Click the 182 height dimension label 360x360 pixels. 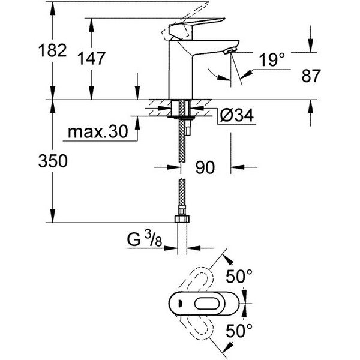coord(53,50)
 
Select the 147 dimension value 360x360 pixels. coord(91,58)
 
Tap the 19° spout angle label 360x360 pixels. coord(272,59)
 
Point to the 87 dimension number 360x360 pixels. coord(311,76)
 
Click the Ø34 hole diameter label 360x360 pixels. coord(237,115)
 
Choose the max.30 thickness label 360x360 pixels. coord(98,131)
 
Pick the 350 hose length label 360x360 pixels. coord(53,161)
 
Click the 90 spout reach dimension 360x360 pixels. coord(205,167)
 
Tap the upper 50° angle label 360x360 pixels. coord(239,276)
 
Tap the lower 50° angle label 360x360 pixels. coord(239,331)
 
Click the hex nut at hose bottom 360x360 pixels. coord(182,218)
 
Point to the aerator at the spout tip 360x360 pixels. coord(230,50)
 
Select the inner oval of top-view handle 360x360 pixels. coord(208,304)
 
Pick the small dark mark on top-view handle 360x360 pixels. coord(180,304)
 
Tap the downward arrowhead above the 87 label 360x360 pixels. coord(311,46)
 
